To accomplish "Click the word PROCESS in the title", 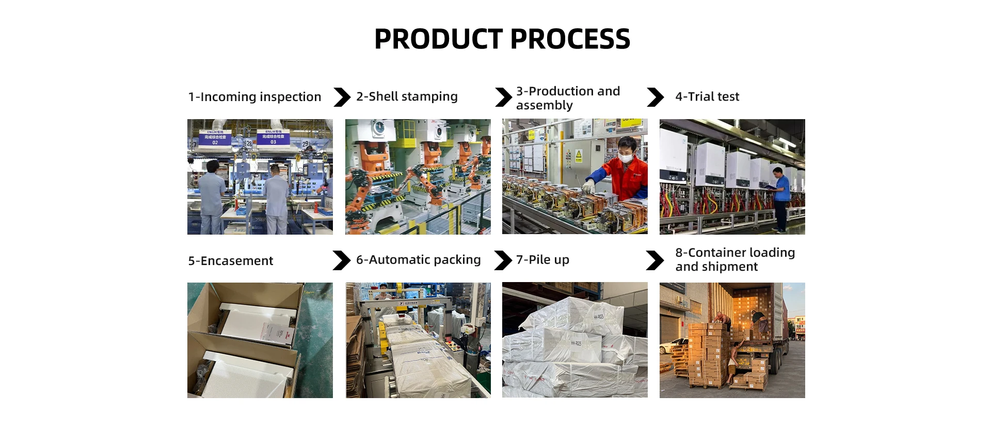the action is [x=570, y=39].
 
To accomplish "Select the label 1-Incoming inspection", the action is [x=254, y=97].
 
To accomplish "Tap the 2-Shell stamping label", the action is [x=407, y=96].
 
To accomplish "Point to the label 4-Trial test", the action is [x=707, y=96].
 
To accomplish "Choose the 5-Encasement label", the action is [x=230, y=261].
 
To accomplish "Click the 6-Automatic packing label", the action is [x=418, y=260].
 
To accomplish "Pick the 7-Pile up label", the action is [x=542, y=260].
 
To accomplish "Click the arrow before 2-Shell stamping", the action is [x=342, y=97].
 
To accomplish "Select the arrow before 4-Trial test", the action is [x=655, y=97].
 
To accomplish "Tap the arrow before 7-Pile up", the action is [x=502, y=260].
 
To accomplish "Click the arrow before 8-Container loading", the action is [x=654, y=260].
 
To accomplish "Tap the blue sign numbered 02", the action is [x=215, y=138].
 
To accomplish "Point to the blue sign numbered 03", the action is [x=273, y=138].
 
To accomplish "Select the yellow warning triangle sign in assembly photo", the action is [x=579, y=155].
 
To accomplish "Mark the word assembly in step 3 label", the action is [x=544, y=106].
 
